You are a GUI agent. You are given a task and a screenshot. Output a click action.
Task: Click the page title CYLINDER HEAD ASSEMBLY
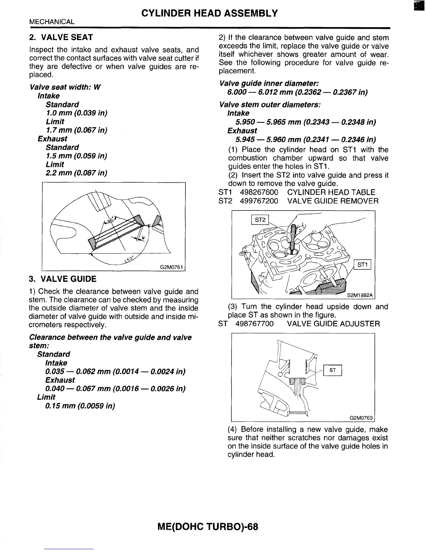tap(210, 13)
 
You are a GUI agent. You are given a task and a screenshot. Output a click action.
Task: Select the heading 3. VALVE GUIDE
tap(63, 279)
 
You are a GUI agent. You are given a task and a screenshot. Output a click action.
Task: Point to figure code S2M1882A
tap(360, 296)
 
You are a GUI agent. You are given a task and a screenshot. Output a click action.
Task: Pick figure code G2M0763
tap(361, 418)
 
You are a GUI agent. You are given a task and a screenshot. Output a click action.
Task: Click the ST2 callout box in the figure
tap(260, 220)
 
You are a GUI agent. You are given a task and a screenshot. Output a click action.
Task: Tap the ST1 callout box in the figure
tap(362, 265)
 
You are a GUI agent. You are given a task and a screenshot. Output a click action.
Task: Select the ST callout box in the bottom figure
tap(332, 370)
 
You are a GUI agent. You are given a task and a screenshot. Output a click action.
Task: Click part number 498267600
tap(259, 192)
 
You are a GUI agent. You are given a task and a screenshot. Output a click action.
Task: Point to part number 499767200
tap(259, 201)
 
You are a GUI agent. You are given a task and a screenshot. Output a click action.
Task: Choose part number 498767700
tap(254, 324)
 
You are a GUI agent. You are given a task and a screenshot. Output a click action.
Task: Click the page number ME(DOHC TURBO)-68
tap(208, 526)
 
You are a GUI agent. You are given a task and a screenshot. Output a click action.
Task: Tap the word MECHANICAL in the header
tap(52, 22)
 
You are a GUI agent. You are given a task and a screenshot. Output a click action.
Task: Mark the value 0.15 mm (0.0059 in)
tap(80, 406)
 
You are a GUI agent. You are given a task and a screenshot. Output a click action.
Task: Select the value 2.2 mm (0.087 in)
tap(76, 173)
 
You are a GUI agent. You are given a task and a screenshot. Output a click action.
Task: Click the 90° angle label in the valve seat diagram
tap(111, 220)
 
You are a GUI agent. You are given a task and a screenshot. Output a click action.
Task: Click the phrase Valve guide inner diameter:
tap(269, 84)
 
